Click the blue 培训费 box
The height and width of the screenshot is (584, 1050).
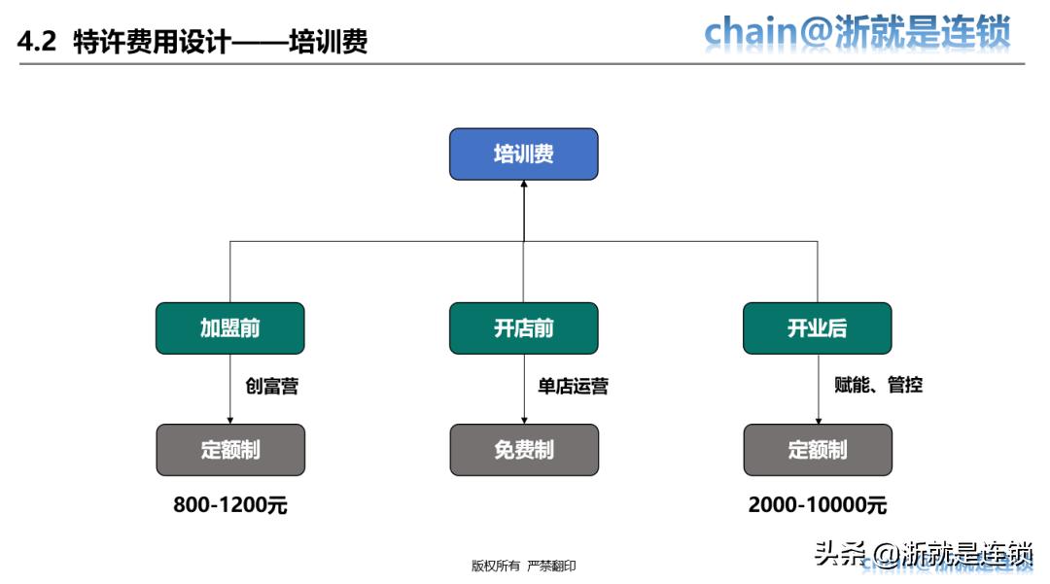(523, 154)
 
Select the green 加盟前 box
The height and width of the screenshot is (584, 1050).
(230, 328)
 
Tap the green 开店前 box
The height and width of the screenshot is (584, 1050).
(523, 328)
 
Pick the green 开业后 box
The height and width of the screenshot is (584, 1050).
(817, 328)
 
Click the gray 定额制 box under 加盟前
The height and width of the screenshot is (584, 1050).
(230, 450)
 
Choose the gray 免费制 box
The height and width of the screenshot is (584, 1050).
(523, 450)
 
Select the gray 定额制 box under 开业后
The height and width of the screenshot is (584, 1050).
(817, 450)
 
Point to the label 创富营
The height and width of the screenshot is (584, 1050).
(272, 386)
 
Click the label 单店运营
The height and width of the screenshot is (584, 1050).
(573, 386)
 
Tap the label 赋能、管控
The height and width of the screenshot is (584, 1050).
(878, 385)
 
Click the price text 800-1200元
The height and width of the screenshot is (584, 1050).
(230, 505)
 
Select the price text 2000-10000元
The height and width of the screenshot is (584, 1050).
(818, 505)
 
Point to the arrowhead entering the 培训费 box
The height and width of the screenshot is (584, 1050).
(523, 186)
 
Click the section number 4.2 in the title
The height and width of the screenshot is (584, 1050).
(39, 42)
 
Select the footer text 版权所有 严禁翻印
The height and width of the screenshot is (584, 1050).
(523, 566)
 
